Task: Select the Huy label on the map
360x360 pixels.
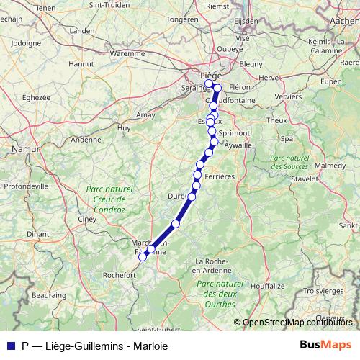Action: tap(124, 128)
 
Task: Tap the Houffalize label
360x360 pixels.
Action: tap(267, 286)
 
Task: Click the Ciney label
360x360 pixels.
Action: tap(87, 219)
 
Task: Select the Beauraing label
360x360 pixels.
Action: tap(49, 295)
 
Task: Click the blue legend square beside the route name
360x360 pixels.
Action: tap(11, 345)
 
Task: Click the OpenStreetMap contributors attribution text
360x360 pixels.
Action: tap(297, 323)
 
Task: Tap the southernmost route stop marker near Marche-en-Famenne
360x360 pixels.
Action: tap(143, 256)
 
